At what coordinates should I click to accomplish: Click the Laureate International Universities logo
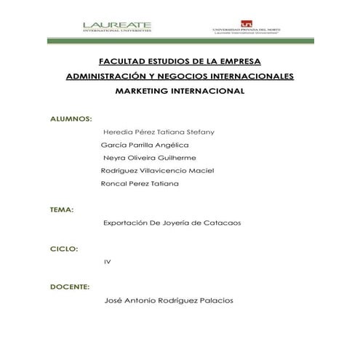pos(117,26)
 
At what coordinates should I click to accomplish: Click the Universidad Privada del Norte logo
pos(246,27)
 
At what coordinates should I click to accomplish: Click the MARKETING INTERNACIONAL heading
pos(180,92)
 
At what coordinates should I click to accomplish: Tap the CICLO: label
pos(63,249)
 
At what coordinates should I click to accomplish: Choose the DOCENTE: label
pos(69,287)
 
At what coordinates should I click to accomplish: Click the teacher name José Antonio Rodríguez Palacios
pos(169,301)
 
